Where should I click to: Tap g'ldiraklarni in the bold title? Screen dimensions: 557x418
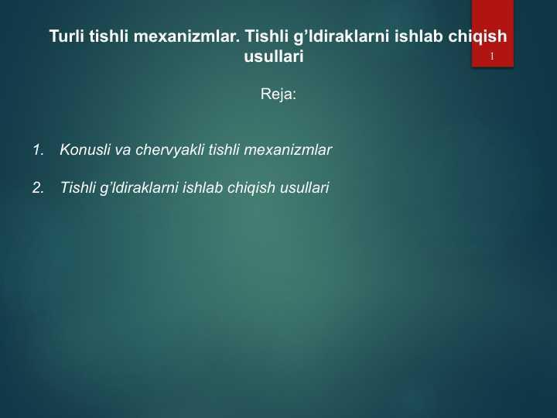pos(341,37)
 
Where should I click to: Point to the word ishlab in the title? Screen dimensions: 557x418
pos(419,36)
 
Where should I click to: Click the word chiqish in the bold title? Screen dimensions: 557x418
pos(477,37)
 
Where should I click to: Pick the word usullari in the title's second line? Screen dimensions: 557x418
pos(274,57)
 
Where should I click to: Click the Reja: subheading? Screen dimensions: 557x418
pos(278,94)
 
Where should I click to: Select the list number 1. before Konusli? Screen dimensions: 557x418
pos(38,149)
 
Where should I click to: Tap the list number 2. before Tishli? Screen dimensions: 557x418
pos(38,187)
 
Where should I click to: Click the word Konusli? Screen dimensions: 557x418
pos(85,149)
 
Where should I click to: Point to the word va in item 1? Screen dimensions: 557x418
pos(123,151)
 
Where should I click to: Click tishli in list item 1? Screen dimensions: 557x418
pos(224,149)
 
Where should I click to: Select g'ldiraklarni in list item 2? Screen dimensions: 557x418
pos(138,188)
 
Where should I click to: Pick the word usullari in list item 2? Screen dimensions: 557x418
pos(305,187)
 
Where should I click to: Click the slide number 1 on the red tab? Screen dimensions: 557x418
pos(492,57)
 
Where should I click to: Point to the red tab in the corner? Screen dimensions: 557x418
pos(493,33)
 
